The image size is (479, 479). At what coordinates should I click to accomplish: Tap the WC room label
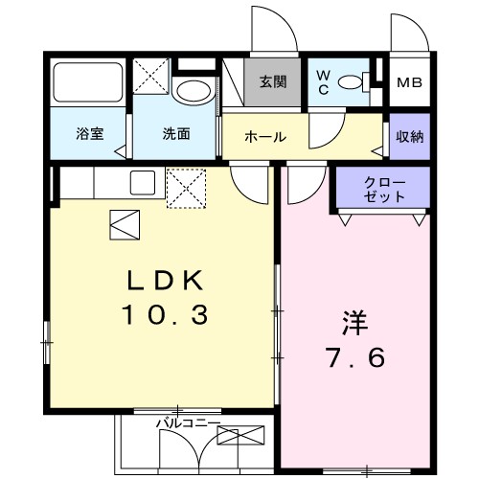(x=323, y=82)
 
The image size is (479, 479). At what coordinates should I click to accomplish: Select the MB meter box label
(x=409, y=82)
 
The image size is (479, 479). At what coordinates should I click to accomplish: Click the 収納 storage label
(x=409, y=136)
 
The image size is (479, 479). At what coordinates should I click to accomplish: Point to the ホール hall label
(x=265, y=137)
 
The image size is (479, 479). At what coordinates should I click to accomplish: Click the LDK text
(x=168, y=280)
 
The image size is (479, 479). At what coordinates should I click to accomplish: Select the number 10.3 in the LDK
(x=165, y=314)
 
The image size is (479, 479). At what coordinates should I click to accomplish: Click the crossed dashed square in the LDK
(x=186, y=187)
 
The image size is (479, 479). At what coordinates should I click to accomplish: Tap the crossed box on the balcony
(x=239, y=437)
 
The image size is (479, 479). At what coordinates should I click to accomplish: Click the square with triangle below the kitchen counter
(x=125, y=224)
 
